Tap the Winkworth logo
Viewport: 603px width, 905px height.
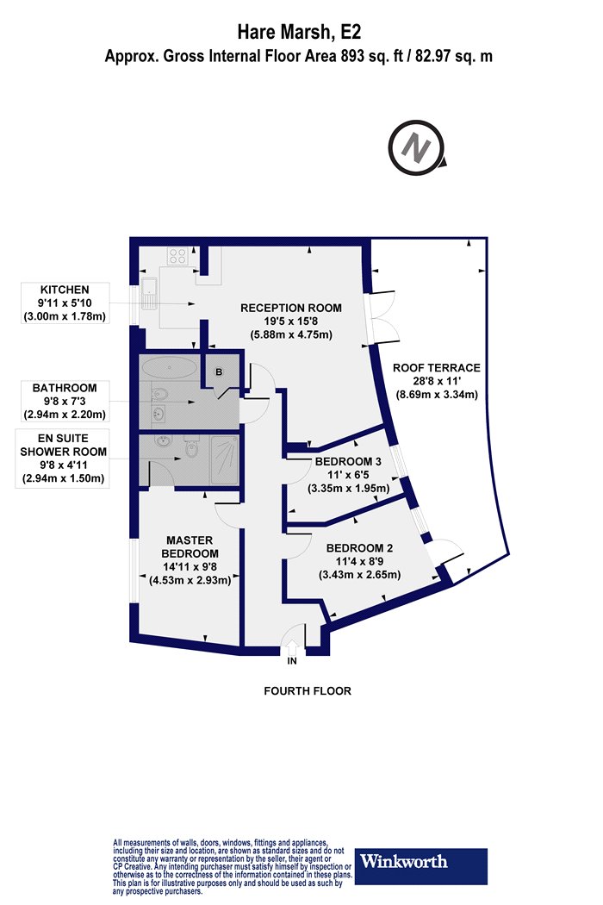point(420,865)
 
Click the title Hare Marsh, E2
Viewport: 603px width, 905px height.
point(300,32)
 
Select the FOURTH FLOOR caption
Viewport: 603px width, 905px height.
point(308,691)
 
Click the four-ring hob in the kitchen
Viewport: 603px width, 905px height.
point(177,255)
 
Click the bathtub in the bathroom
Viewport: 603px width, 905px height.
point(170,367)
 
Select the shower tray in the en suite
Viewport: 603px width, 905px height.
point(225,460)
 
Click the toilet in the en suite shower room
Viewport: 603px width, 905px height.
point(190,446)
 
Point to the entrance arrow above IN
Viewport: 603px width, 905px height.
point(292,646)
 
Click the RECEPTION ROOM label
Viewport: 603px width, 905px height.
point(291,308)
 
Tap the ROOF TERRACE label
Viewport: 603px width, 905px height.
point(437,368)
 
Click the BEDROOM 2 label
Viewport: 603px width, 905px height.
point(359,547)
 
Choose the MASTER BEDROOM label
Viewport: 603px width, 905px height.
point(190,546)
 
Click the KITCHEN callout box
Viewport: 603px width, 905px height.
point(65,303)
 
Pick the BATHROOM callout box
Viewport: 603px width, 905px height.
point(65,401)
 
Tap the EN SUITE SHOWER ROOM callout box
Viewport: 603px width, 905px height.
point(63,459)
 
